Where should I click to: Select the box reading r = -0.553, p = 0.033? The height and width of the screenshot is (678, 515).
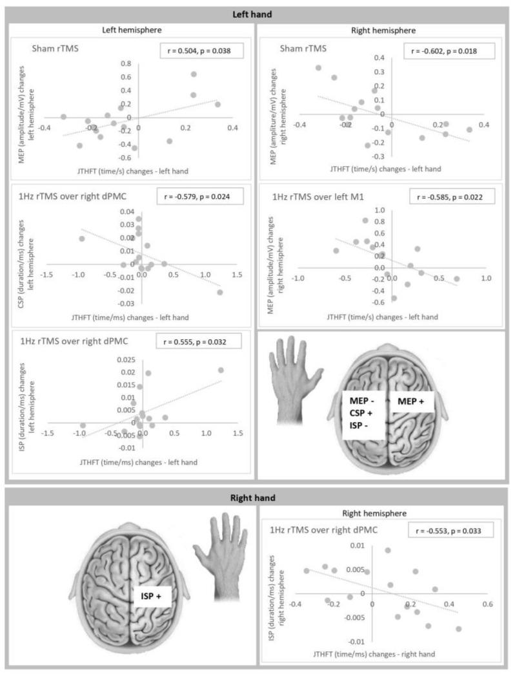coord(450,530)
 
